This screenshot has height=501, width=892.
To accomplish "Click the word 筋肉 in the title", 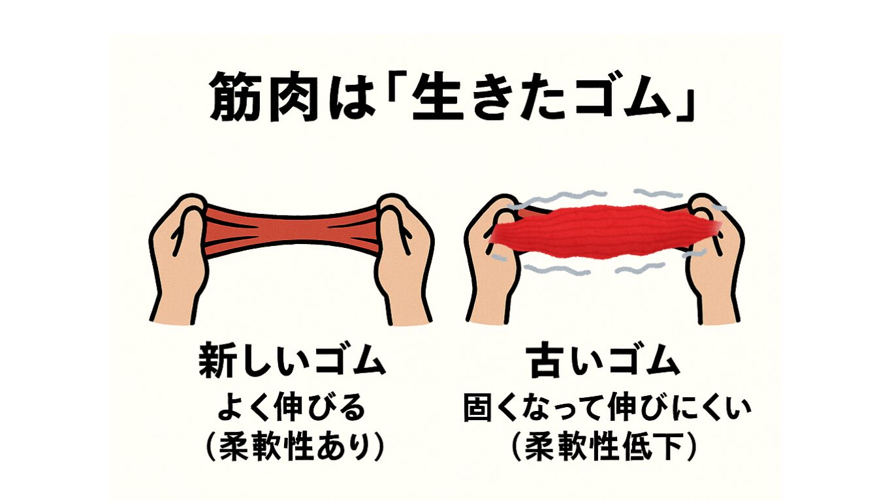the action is click(264, 97).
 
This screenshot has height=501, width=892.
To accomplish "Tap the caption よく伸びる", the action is click(291, 406).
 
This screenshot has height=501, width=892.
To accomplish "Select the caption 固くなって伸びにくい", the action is click(607, 406).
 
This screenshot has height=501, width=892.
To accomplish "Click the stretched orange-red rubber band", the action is click(293, 230).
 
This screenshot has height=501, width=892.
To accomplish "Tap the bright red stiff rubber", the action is click(605, 232).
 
